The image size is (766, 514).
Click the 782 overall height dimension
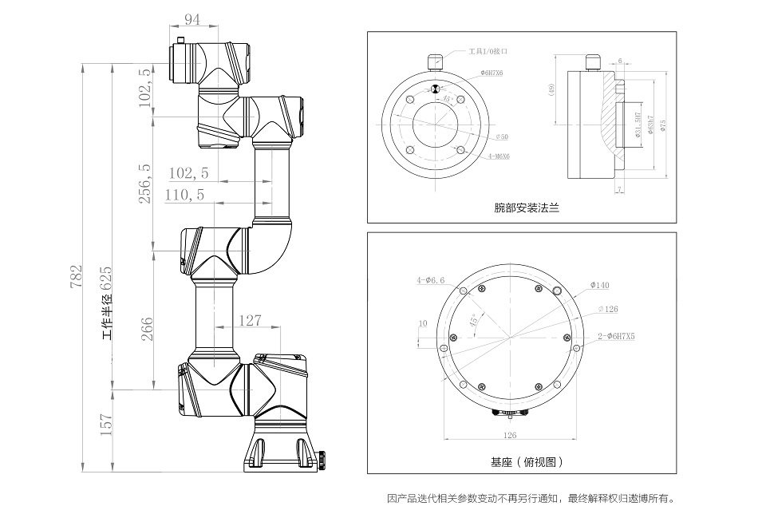(77, 279)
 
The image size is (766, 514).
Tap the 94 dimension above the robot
(192, 20)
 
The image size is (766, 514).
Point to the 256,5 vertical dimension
(145, 184)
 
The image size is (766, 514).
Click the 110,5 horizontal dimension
(184, 194)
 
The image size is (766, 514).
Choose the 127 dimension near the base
(251, 320)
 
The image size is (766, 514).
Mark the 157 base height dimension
(105, 425)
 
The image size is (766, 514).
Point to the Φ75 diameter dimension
(662, 124)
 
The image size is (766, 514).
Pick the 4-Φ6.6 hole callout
(430, 281)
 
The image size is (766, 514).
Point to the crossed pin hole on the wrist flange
(435, 89)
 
